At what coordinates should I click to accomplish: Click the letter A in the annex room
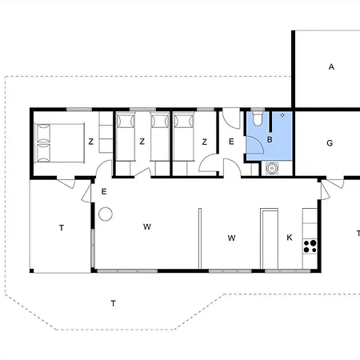(331, 66)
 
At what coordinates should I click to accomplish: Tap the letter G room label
(330, 143)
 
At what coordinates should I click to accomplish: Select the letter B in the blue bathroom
(270, 139)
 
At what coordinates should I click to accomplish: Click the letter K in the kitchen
(290, 238)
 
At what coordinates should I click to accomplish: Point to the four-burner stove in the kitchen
(310, 246)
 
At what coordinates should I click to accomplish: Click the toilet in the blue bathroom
(258, 118)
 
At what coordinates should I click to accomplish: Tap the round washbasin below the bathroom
(272, 168)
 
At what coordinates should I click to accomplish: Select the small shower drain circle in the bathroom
(282, 115)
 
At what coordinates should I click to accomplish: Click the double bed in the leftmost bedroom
(59, 142)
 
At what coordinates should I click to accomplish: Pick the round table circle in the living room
(106, 214)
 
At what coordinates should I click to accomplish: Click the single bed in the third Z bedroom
(184, 137)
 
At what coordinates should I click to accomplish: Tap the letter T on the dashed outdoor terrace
(114, 303)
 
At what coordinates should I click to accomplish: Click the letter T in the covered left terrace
(62, 228)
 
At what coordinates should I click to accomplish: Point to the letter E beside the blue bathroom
(231, 142)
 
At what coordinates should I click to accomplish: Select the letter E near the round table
(104, 191)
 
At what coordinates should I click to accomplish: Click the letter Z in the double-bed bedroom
(91, 142)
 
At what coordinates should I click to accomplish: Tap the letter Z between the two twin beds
(142, 142)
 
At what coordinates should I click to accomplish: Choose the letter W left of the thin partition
(147, 226)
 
